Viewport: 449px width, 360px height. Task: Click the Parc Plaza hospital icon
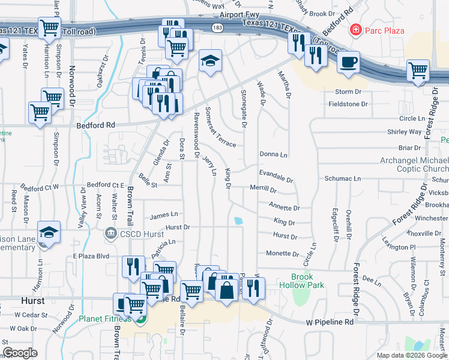[x=356, y=29]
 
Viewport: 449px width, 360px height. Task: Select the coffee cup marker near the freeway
[x=348, y=62]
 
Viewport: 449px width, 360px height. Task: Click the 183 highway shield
[x=217, y=28]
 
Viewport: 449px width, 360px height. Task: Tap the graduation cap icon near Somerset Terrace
[x=209, y=61]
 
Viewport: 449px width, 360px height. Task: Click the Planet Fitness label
[x=105, y=319]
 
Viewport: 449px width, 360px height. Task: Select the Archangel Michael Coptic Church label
[x=414, y=165]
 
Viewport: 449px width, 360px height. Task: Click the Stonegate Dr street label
[x=244, y=108]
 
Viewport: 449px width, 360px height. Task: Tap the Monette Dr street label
[x=278, y=253]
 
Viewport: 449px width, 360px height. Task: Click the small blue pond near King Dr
[x=239, y=221]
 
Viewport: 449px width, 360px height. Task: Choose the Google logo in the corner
[x=20, y=353]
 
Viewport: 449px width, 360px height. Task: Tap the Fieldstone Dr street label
[x=348, y=104]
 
